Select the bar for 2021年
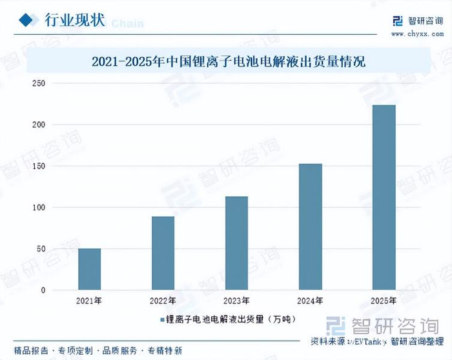pyautogui.click(x=90, y=269)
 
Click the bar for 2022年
pyautogui.click(x=163, y=253)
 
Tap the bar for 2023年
pyautogui.click(x=237, y=243)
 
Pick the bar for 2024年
pyautogui.click(x=311, y=227)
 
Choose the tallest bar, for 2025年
pyautogui.click(x=384, y=197)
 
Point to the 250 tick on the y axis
pyautogui.click(x=39, y=83)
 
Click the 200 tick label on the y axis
pyautogui.click(x=39, y=125)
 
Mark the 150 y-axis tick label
pyautogui.click(x=39, y=166)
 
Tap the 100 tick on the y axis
pyautogui.click(x=39, y=208)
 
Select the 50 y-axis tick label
pyautogui.click(x=41, y=249)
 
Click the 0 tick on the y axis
pyautogui.click(x=43, y=290)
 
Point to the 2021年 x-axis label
pyautogui.click(x=89, y=301)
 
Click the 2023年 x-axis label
pyautogui.click(x=236, y=301)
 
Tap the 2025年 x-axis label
pyautogui.click(x=384, y=301)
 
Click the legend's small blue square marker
pyautogui.click(x=162, y=320)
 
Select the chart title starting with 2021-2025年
pyautogui.click(x=229, y=62)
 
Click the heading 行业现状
pyautogui.click(x=75, y=20)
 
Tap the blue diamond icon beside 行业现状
pyautogui.click(x=26, y=20)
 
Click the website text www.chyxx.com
pyautogui.click(x=417, y=34)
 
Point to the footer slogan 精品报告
pyautogui.click(x=31, y=350)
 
